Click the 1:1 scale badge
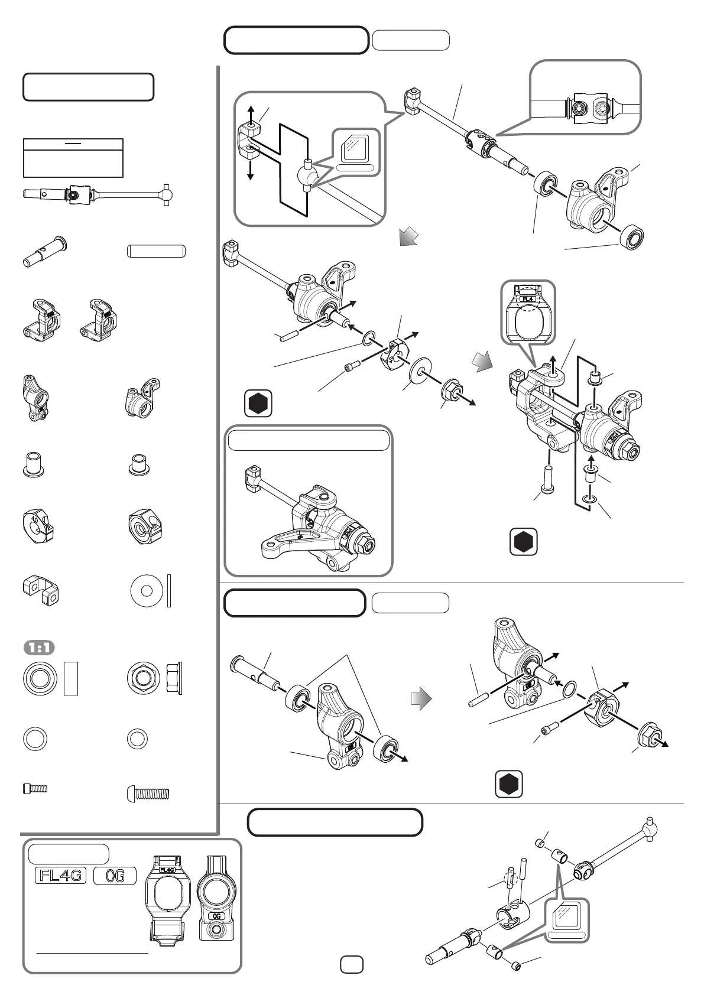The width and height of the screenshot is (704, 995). (x=39, y=648)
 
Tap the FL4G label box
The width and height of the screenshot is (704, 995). (x=60, y=876)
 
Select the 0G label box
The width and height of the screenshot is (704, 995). (x=115, y=876)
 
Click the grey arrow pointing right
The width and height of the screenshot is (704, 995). (x=421, y=700)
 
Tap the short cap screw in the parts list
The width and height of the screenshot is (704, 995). (x=35, y=788)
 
